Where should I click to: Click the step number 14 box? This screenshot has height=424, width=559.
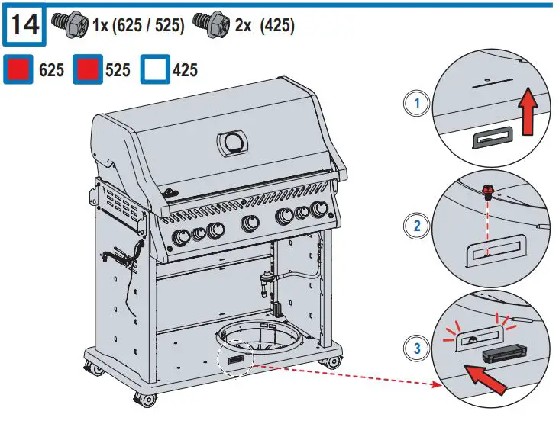[x=25, y=24]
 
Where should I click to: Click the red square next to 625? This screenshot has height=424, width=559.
[x=19, y=70]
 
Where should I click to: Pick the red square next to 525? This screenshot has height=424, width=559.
[x=88, y=70]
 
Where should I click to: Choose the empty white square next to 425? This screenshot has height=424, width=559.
[x=157, y=70]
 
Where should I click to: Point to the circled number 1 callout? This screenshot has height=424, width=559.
[x=416, y=104]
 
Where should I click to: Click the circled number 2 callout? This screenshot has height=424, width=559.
[x=416, y=226]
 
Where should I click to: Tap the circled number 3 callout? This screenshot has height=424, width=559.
[x=416, y=349]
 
